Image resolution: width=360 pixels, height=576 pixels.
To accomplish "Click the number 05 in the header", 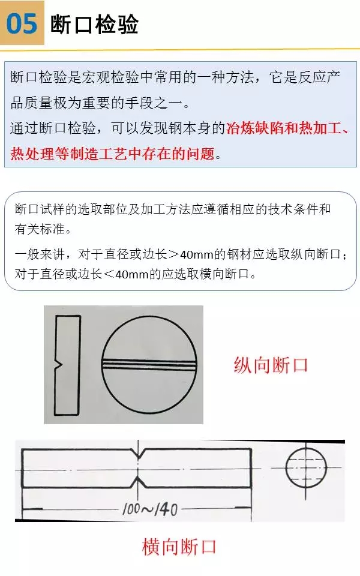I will click(x=22, y=24).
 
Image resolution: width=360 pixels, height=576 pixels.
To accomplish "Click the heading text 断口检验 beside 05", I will click(x=95, y=24).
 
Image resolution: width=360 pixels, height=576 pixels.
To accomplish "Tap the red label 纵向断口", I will click(x=271, y=365).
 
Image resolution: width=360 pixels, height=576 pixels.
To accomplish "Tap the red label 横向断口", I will click(x=179, y=547).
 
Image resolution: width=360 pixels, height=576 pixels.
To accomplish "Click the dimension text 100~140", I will click(x=150, y=510).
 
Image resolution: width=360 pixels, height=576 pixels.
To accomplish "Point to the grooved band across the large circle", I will click(x=150, y=364).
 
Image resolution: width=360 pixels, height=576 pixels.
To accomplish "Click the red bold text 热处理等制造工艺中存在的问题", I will click(x=112, y=154).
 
